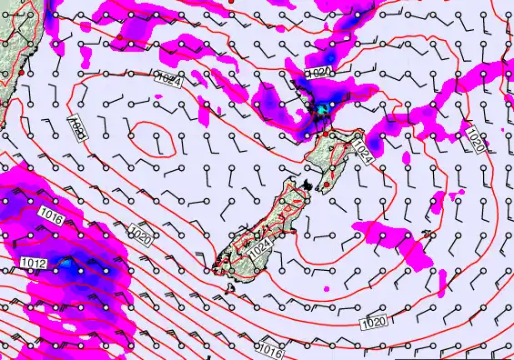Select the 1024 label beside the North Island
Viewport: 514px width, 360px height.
(363, 150)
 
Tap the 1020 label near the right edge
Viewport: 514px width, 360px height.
(476, 141)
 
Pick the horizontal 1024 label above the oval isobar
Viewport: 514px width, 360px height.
(167, 81)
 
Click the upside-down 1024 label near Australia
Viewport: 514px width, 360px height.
(79, 129)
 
